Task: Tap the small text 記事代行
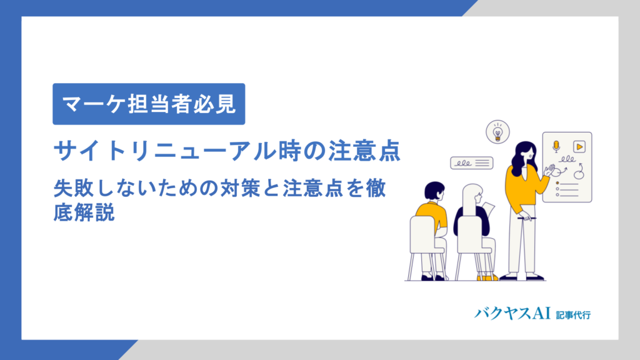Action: (572, 314)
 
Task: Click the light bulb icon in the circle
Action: (497, 132)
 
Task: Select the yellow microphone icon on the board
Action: (556, 146)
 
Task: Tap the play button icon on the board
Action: (579, 146)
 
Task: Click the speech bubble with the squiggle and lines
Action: (472, 163)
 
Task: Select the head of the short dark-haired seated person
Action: (434, 191)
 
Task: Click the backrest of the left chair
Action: (422, 234)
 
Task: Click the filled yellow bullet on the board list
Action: (557, 182)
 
